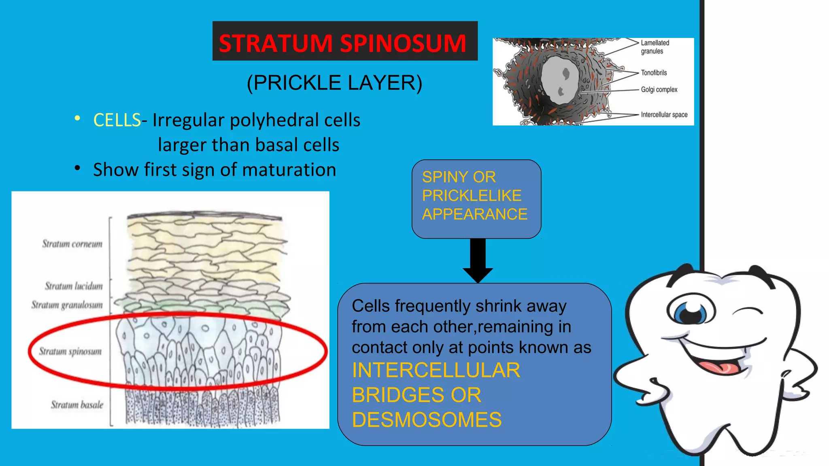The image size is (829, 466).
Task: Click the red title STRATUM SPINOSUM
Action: point(342,43)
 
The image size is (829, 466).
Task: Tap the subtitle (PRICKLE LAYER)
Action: point(334,83)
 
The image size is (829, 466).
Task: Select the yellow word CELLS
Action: point(117,120)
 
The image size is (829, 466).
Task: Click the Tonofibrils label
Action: point(653,73)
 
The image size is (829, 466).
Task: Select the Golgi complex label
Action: point(659,89)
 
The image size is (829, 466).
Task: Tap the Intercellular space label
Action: point(664,114)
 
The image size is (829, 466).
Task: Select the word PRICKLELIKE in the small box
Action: point(472,196)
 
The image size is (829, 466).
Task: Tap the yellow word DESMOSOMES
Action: point(427,420)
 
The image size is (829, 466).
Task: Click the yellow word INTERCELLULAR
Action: point(436,371)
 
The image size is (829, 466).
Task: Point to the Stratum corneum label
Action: point(72,244)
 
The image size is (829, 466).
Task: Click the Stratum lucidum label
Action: point(74,286)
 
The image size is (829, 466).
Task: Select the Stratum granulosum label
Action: point(67,305)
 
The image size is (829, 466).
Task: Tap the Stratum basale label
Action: point(77,405)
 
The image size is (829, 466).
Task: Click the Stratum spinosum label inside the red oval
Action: point(70,351)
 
